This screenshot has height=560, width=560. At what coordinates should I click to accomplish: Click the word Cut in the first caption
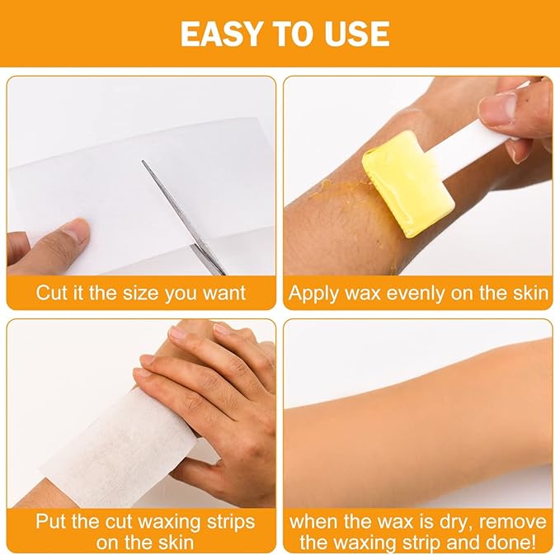[x=51, y=294]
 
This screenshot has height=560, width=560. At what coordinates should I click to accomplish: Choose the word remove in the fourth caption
[x=513, y=521]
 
